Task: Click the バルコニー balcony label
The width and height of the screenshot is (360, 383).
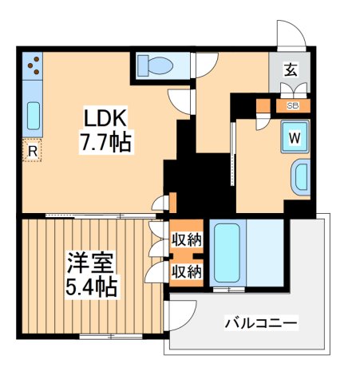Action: point(260,324)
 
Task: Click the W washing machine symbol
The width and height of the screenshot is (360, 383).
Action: point(294,136)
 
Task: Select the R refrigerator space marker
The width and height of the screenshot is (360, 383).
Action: point(32,150)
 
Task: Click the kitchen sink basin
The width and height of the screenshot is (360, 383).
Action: point(33,116)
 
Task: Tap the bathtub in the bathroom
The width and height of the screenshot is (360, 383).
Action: point(228,251)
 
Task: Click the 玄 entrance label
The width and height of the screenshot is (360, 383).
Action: point(291,68)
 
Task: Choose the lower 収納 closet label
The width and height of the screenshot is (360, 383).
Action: point(188,271)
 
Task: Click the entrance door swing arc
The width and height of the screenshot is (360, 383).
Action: point(290,33)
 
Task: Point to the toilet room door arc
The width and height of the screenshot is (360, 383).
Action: point(205,65)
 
